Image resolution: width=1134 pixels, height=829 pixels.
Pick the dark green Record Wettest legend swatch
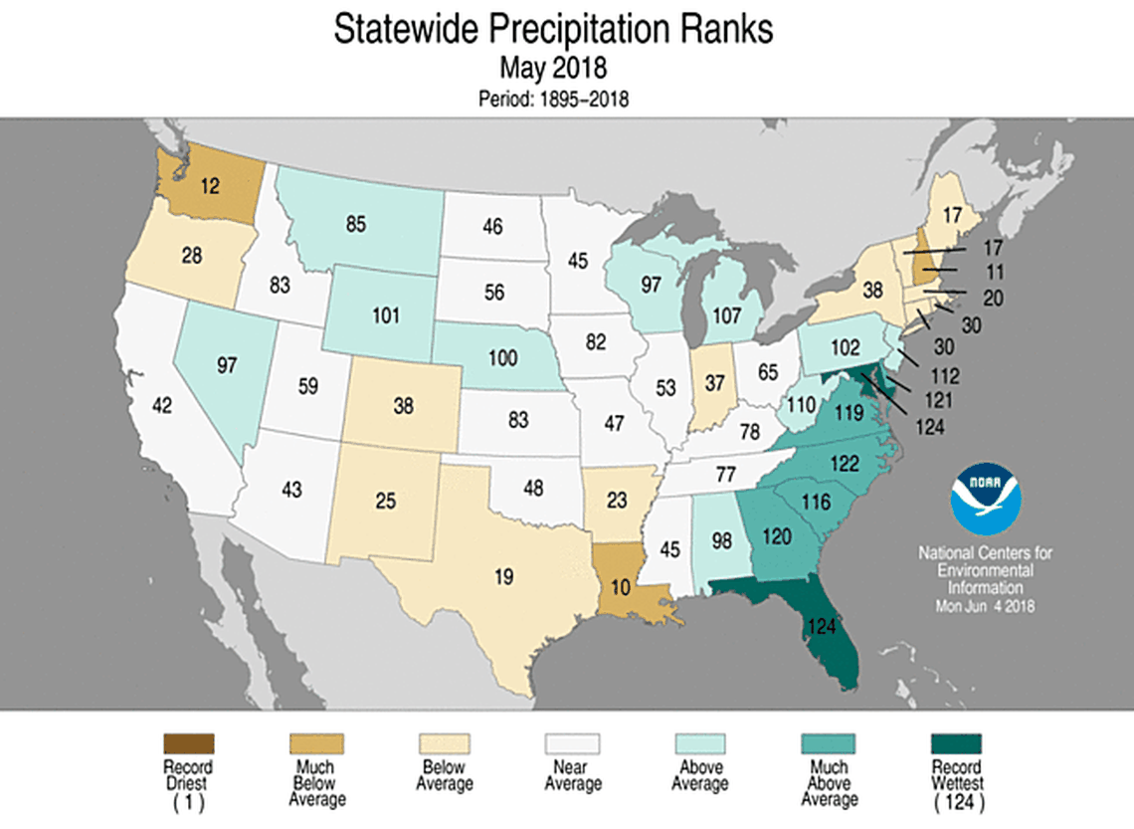955,743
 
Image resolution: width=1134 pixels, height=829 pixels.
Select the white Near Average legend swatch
572,743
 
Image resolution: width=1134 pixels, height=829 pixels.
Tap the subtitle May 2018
554,69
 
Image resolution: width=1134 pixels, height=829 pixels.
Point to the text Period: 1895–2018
554,99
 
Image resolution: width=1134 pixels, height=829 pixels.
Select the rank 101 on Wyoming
385,315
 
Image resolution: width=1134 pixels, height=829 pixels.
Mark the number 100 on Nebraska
502,357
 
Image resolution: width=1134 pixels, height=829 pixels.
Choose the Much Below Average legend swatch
316,743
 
